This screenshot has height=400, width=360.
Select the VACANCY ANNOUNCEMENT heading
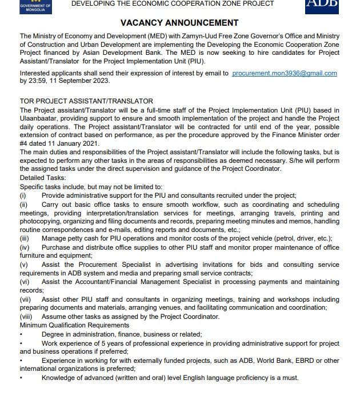[x=179, y=23]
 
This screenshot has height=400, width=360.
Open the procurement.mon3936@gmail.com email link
[x=285, y=73]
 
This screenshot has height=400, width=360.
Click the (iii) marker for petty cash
[x=25, y=238]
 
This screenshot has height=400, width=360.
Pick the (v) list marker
[x=23, y=265]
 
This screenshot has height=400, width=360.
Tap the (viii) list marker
[x=26, y=317]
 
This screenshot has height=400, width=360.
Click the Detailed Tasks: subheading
[x=43, y=178]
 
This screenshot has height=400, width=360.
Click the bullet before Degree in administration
[x=21, y=334]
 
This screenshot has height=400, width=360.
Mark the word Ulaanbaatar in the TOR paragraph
[x=39, y=117]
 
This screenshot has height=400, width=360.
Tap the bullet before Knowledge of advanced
[x=21, y=378]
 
